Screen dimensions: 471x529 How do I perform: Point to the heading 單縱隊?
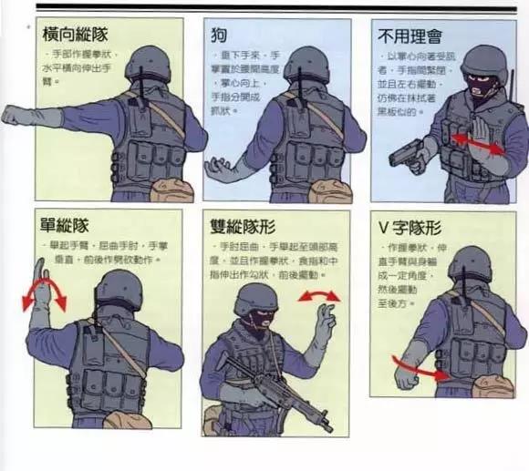pyautogui.click(x=65, y=225)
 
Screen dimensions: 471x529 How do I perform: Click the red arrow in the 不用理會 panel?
pyautogui.click(x=477, y=144)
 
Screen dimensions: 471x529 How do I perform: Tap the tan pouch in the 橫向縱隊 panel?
pyautogui.click(x=169, y=189)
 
